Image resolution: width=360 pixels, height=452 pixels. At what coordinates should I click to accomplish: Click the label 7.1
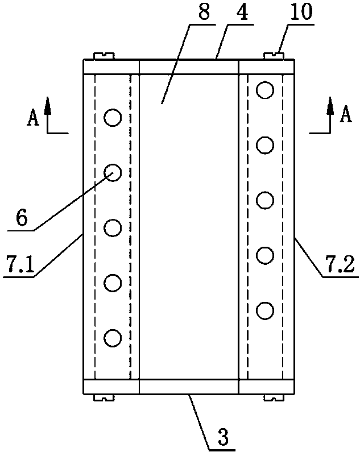tap(18, 264)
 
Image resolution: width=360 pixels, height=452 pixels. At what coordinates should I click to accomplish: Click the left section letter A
tap(33, 118)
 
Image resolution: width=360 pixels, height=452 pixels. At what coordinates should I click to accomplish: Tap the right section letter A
tap(344, 117)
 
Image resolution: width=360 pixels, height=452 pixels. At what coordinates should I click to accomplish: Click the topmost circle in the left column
tap(113, 118)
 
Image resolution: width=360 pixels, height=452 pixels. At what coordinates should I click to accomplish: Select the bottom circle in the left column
tap(113, 338)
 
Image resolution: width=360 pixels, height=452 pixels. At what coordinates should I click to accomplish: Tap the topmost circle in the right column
tap(264, 90)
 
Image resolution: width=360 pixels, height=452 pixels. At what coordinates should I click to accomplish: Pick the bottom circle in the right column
tap(264, 310)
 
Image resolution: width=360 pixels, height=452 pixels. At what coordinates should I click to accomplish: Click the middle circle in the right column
tap(264, 200)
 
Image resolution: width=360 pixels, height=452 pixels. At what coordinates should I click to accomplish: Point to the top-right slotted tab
tap(274, 56)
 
